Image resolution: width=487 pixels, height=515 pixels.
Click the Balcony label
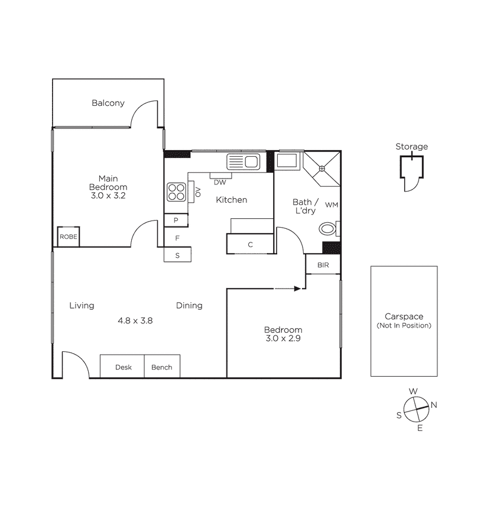point(108,103)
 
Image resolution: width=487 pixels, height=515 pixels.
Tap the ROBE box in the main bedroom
point(67,237)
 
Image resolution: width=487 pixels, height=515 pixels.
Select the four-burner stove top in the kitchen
point(176,192)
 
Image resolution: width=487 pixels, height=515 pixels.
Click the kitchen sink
point(243,161)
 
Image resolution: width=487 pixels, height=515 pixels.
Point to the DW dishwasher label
point(220,182)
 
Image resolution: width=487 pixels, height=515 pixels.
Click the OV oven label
point(197,191)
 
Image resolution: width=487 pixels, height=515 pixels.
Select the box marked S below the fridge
point(176,255)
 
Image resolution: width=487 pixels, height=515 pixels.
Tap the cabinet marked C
point(250,244)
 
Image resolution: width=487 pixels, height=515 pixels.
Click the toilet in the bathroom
point(328,228)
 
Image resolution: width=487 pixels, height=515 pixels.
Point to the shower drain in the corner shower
point(322,169)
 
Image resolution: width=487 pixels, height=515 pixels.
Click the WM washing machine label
point(332,205)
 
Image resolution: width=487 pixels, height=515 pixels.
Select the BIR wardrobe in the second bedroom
point(323,265)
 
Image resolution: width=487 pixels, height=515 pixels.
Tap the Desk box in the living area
point(123,367)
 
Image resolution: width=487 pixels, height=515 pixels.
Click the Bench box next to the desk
point(162,367)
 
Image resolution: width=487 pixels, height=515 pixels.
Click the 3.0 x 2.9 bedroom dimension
point(283,339)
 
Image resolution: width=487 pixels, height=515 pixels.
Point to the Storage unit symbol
point(410,171)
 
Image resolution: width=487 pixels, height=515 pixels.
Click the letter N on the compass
point(434,405)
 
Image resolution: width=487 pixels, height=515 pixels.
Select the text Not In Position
point(404,326)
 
